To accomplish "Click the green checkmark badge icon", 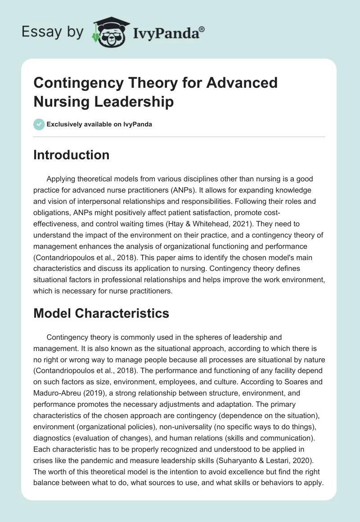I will (x=39, y=124).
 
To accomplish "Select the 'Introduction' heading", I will (x=71, y=155).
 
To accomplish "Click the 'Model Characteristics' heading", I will (x=101, y=313).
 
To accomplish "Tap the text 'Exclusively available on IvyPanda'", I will (x=99, y=124).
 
